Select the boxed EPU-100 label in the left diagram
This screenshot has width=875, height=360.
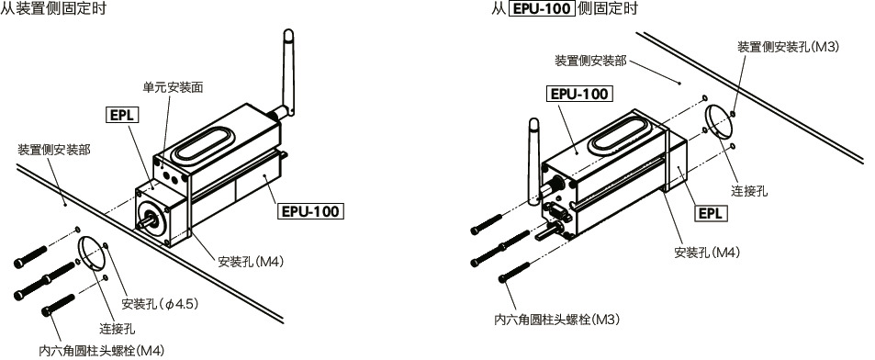[x=309, y=210]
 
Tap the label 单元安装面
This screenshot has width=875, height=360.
[x=173, y=87]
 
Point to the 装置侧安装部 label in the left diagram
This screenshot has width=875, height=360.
[x=54, y=149]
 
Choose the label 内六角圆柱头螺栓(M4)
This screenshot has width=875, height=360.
[x=102, y=350]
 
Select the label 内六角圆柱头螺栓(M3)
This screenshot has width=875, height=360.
[x=558, y=321]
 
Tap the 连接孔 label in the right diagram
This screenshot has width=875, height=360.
[x=749, y=191]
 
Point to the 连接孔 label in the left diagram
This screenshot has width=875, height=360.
[x=118, y=328]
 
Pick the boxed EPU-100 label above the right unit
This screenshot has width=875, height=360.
[x=579, y=93]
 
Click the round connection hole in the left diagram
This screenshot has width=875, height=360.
[x=93, y=253]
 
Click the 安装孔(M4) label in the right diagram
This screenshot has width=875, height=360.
[x=707, y=252]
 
